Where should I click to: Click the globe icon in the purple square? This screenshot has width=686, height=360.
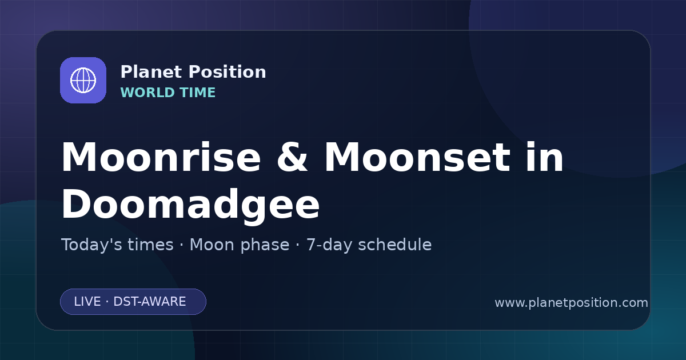[x=83, y=80]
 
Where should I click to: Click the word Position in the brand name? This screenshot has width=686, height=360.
[x=228, y=72]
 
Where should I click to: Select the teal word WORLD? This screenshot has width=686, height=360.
[x=147, y=93]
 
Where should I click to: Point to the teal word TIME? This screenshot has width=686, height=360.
[x=198, y=93]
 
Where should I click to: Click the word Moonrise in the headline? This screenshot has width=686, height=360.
[x=161, y=157]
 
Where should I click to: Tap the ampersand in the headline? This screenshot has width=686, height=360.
[x=292, y=157]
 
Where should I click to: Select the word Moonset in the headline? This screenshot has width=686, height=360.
[x=417, y=157]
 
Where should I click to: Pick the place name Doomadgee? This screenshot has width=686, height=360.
[x=190, y=205]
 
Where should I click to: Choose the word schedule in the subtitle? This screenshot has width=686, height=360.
[x=395, y=245]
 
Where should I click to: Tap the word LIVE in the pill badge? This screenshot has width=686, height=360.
[x=87, y=302]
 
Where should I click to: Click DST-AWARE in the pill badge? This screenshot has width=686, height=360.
[x=149, y=302]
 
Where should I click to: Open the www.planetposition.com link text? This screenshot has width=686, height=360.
[x=571, y=303]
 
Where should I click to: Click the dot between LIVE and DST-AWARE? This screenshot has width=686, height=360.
[x=107, y=302]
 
